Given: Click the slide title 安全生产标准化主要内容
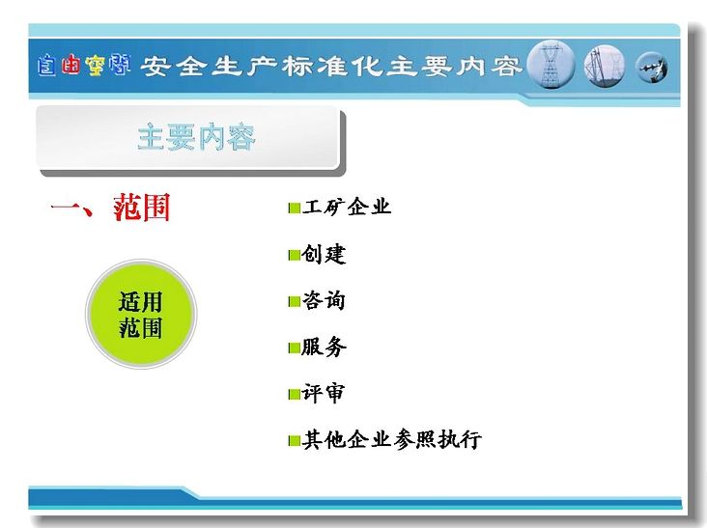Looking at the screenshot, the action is (331, 67).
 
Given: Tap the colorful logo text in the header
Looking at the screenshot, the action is (84, 66).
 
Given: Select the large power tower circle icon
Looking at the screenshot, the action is (551, 65).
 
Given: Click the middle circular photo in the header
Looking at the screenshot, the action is (605, 67).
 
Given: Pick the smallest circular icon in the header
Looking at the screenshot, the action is (652, 68).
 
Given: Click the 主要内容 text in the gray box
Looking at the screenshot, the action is (196, 137).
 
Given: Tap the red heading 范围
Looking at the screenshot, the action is (142, 208).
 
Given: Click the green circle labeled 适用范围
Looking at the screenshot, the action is (141, 314).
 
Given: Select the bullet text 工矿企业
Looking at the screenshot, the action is (347, 207).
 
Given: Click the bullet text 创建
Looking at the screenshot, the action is (324, 254).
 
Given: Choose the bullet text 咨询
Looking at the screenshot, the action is (324, 300).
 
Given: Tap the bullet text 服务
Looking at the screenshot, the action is (324, 347).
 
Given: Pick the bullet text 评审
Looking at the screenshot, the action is (324, 393).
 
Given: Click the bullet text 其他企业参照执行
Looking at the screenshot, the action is (392, 439).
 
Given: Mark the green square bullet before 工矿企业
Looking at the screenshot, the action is (295, 208).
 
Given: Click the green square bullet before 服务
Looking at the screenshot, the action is (295, 347).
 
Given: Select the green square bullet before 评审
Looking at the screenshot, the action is (295, 394).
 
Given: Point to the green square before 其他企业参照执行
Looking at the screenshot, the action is (295, 440).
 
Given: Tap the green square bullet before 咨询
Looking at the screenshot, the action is (295, 301).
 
